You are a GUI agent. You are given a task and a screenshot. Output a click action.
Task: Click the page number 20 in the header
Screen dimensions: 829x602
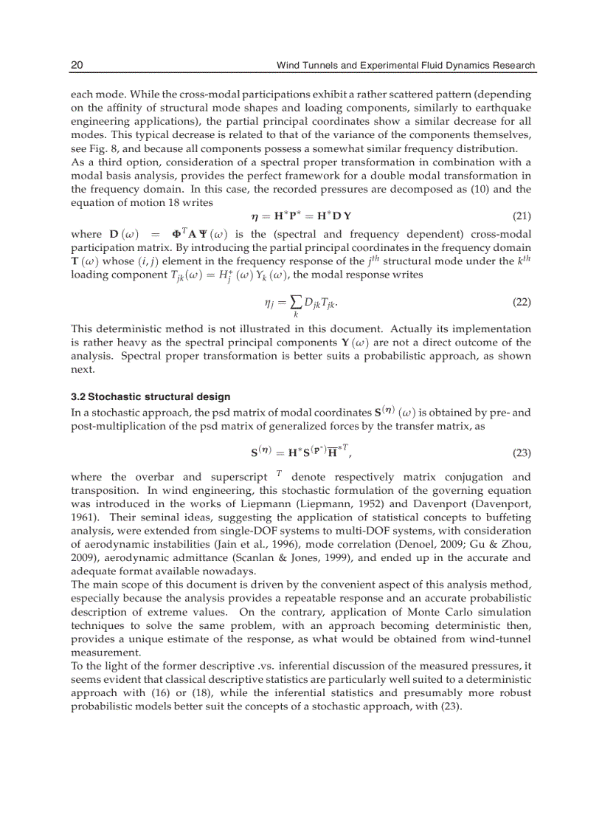click(77, 65)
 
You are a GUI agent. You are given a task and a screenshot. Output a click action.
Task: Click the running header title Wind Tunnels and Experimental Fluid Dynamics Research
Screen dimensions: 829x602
click(405, 65)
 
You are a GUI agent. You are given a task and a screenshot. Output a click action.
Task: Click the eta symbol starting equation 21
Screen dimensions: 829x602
click(255, 217)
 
